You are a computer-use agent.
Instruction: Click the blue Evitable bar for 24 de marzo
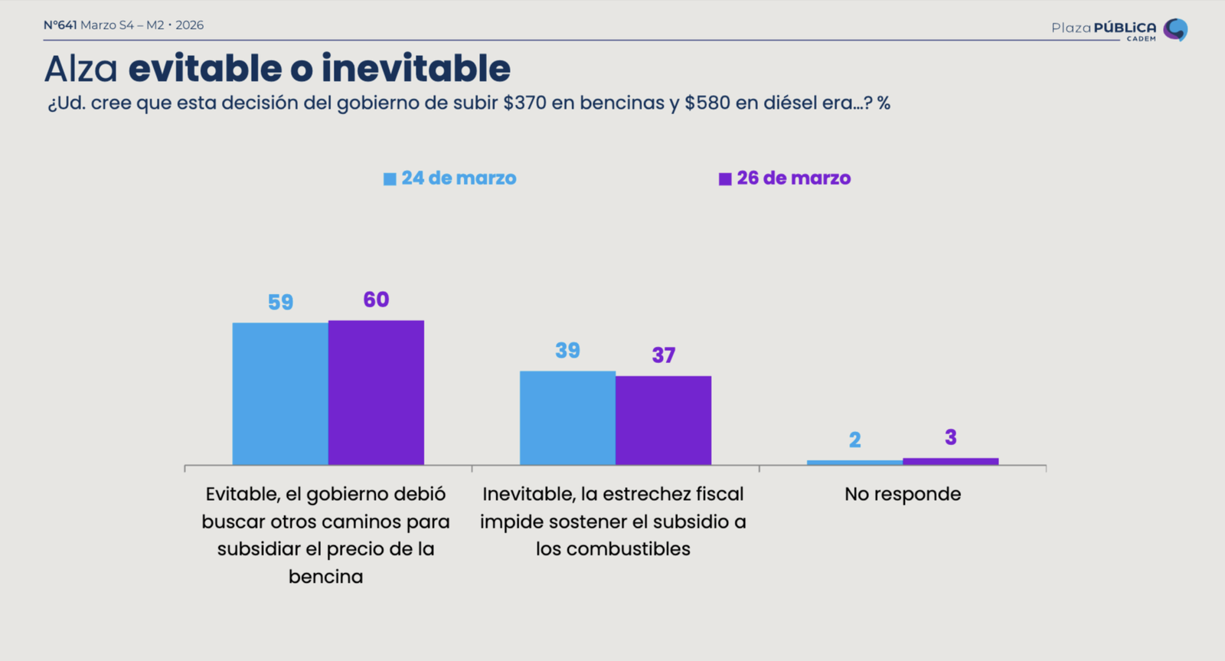(x=280, y=394)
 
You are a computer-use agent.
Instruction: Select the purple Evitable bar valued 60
(x=376, y=392)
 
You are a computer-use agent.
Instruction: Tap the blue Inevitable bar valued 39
(x=567, y=417)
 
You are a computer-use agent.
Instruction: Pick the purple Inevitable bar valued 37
(x=663, y=420)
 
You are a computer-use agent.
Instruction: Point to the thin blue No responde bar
(x=854, y=463)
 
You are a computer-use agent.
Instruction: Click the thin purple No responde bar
(x=950, y=461)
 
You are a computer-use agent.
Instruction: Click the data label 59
(x=280, y=303)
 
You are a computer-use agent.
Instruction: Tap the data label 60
(x=376, y=299)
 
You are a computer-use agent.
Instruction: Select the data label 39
(x=567, y=351)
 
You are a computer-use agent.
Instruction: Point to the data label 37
(x=663, y=355)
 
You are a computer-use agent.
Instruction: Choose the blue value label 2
(x=854, y=440)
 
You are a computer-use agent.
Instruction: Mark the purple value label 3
(x=950, y=437)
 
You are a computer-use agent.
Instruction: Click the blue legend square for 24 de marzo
(x=390, y=179)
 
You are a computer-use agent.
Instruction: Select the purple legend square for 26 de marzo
(x=725, y=179)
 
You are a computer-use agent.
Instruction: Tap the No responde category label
(x=902, y=494)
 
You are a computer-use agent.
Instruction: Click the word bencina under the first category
(x=325, y=577)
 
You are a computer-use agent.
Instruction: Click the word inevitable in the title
(x=416, y=69)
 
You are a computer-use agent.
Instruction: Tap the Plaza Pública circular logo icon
(x=1175, y=29)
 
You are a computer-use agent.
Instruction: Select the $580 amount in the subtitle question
(x=707, y=103)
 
